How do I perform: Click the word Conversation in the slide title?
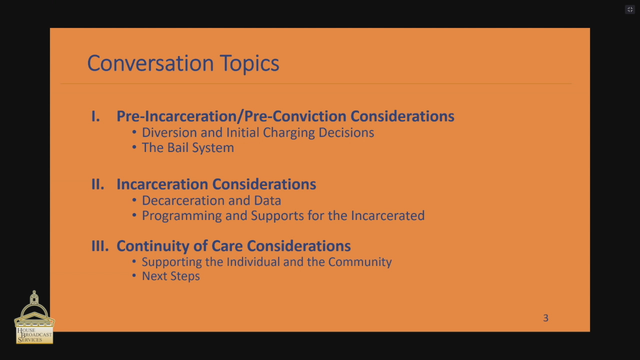click(x=150, y=63)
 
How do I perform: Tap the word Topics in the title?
click(x=249, y=63)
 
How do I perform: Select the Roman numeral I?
click(x=95, y=116)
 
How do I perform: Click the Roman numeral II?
click(x=97, y=184)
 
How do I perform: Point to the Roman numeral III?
click(x=100, y=246)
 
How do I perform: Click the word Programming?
click(x=181, y=216)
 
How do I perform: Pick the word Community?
click(x=360, y=262)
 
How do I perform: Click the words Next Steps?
click(x=171, y=276)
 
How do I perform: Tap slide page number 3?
click(x=545, y=318)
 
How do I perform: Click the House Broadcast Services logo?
click(x=34, y=317)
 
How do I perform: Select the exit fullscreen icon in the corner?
click(x=630, y=9)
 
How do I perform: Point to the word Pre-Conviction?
click(x=295, y=116)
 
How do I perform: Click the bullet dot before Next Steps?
click(x=134, y=275)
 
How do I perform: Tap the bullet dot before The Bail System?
click(x=134, y=147)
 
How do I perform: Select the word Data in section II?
click(x=267, y=200)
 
